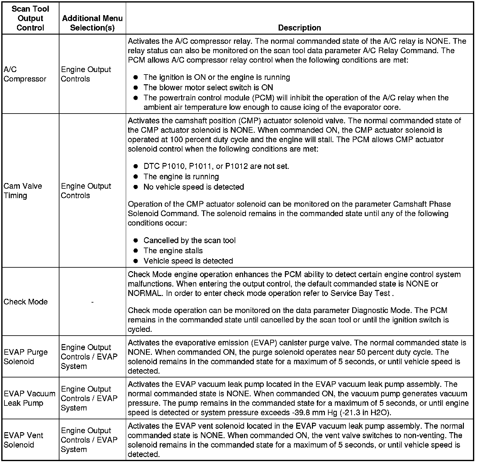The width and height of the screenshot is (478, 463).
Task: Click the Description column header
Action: point(299,28)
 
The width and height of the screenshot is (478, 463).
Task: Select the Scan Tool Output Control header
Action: point(30,18)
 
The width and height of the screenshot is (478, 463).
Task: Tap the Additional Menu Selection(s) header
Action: point(92,23)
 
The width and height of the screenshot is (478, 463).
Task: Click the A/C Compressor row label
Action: point(25,74)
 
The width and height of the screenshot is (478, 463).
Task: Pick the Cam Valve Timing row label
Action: point(23,191)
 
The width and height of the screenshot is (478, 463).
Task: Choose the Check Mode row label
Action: point(25,302)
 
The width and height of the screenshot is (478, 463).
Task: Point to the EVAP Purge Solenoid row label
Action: point(25,357)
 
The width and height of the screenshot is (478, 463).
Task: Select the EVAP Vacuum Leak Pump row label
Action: point(29,398)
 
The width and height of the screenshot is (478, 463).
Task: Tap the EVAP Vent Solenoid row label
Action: point(23,440)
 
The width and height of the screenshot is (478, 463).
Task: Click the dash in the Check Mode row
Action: point(92,302)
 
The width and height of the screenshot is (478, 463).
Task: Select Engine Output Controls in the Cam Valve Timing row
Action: point(86,191)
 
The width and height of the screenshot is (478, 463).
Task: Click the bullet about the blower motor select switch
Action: point(208,87)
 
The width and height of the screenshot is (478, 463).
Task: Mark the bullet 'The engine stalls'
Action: point(173,251)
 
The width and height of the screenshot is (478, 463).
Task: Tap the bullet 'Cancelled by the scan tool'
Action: point(189,241)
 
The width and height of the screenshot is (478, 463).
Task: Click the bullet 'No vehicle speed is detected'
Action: point(194,187)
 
